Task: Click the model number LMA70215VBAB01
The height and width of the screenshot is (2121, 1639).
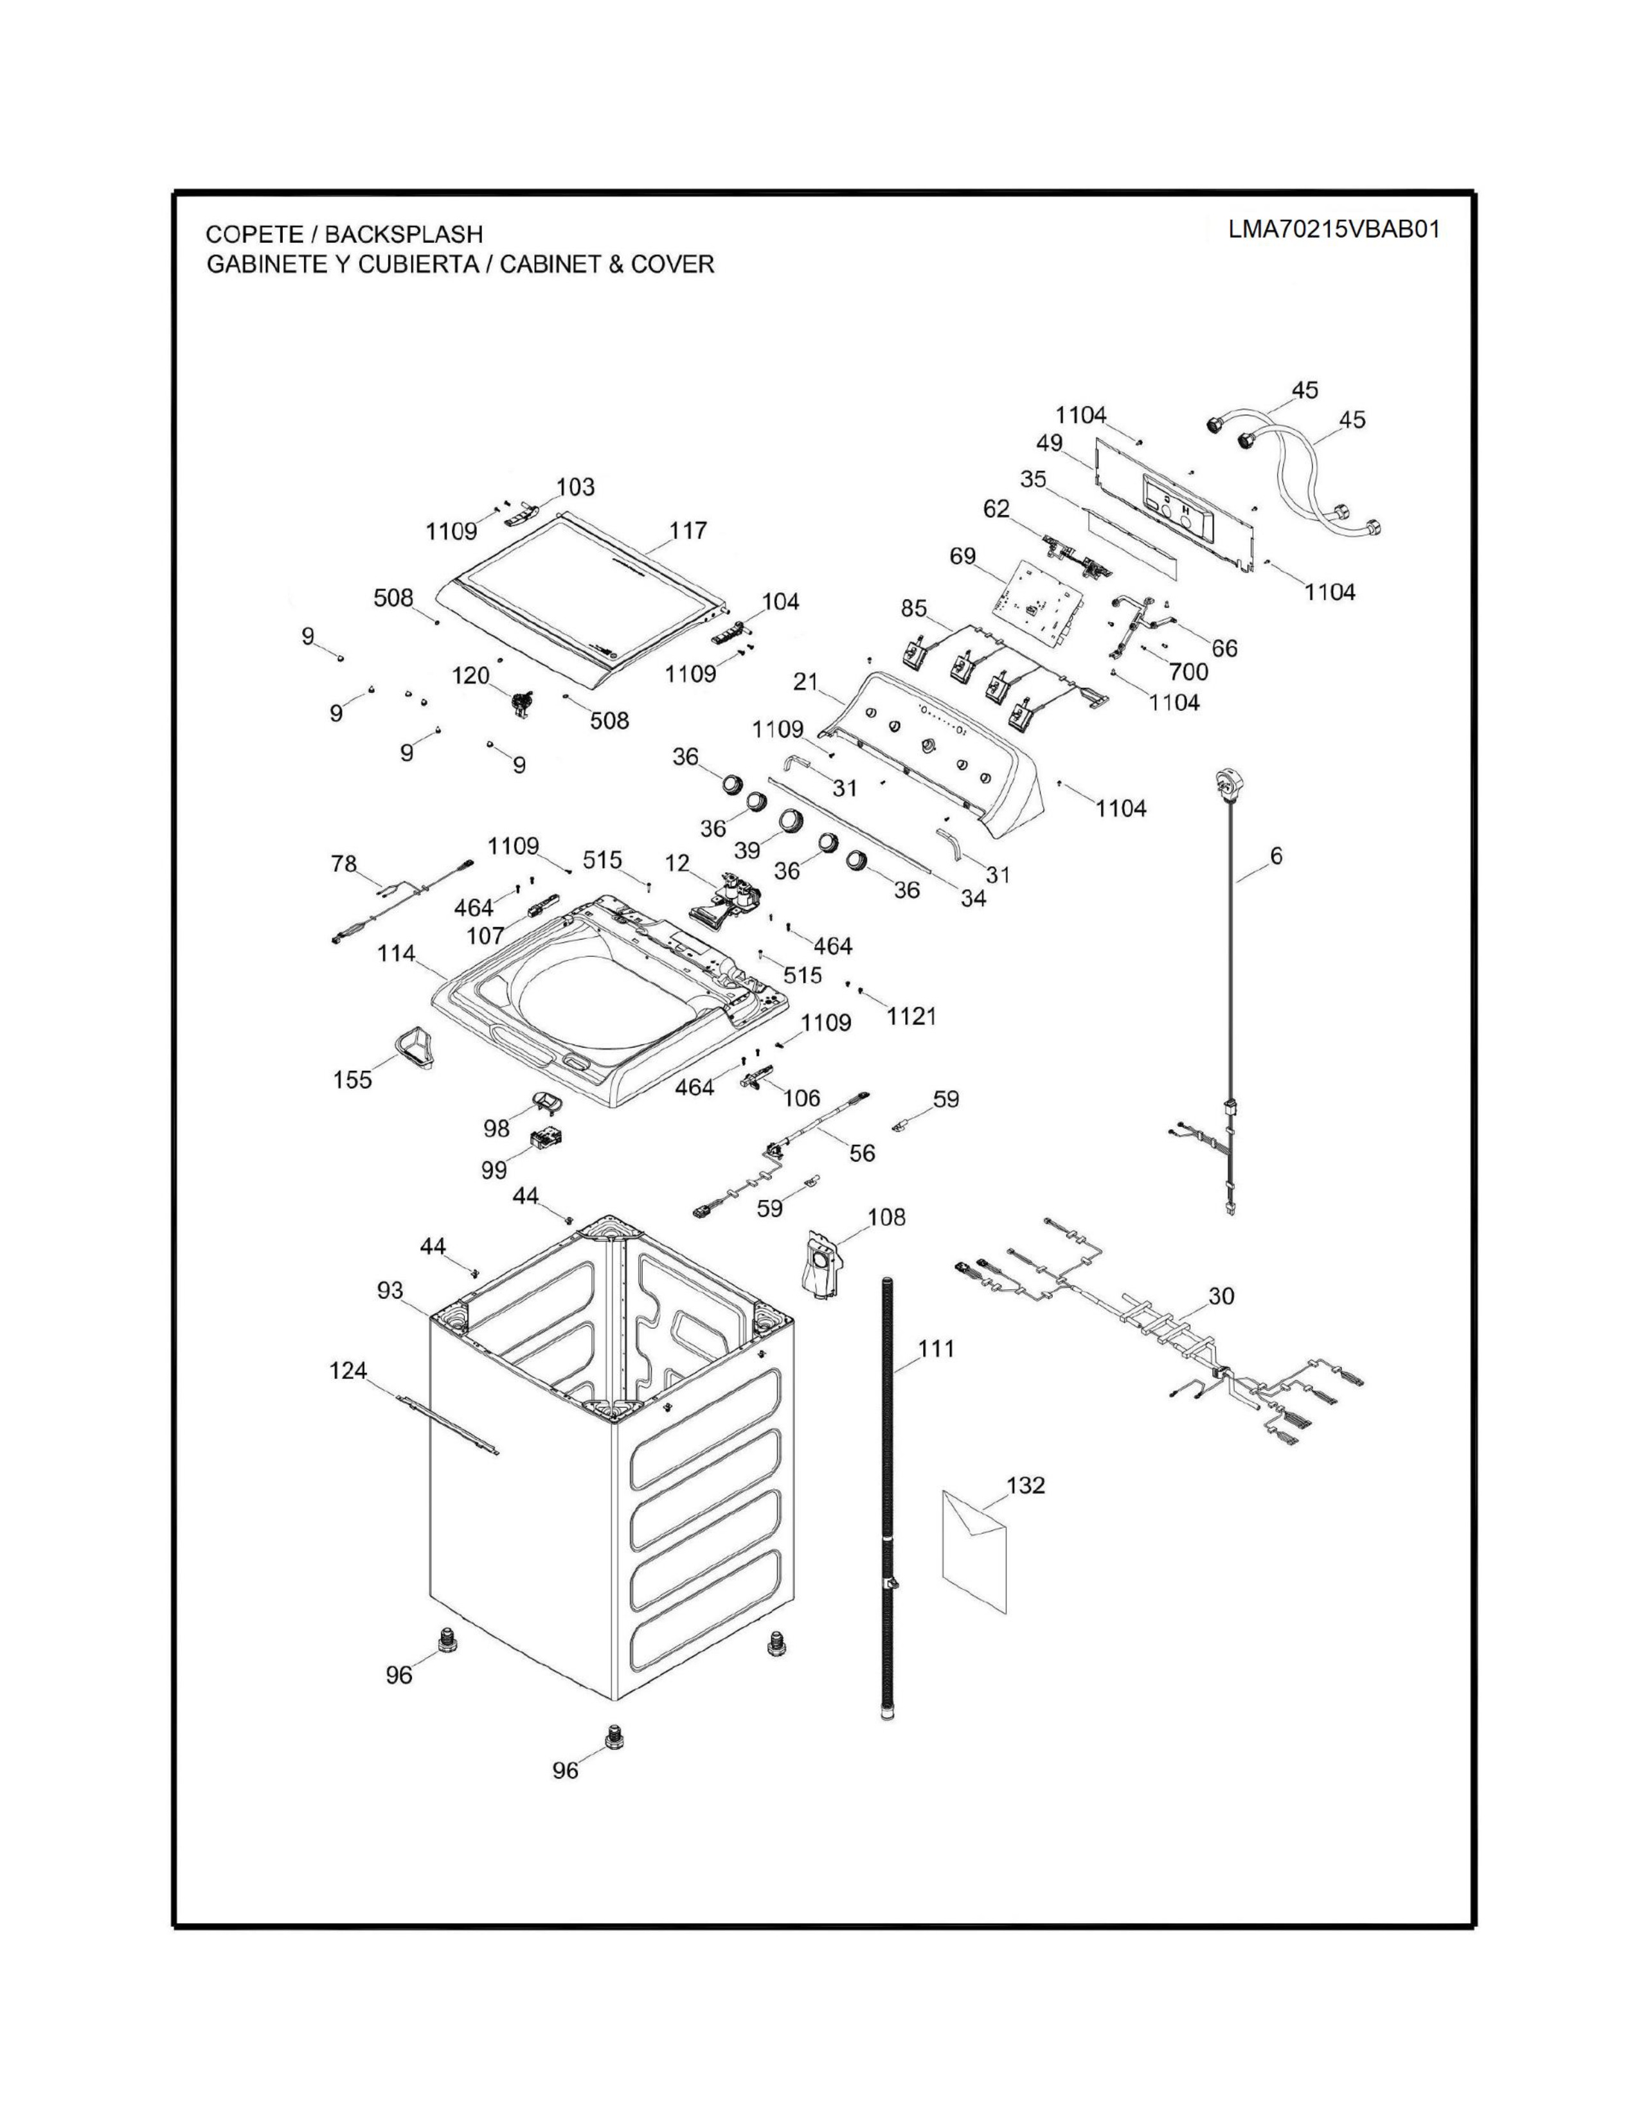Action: click(x=1334, y=229)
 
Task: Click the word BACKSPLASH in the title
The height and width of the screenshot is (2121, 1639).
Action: click(x=403, y=234)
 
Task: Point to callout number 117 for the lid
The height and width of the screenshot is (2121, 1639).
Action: click(x=688, y=530)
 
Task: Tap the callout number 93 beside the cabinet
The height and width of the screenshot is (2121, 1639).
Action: click(x=390, y=1291)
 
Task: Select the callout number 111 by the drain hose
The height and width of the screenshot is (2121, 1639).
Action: click(x=936, y=1349)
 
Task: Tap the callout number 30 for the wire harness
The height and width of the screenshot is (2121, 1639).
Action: click(x=1221, y=1296)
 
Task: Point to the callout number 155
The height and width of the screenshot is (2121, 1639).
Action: click(x=352, y=1079)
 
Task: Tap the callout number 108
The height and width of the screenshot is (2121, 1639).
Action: click(x=886, y=1217)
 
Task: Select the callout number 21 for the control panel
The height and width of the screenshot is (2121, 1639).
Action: click(x=806, y=682)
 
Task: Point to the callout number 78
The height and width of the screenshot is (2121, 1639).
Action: click(x=344, y=863)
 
